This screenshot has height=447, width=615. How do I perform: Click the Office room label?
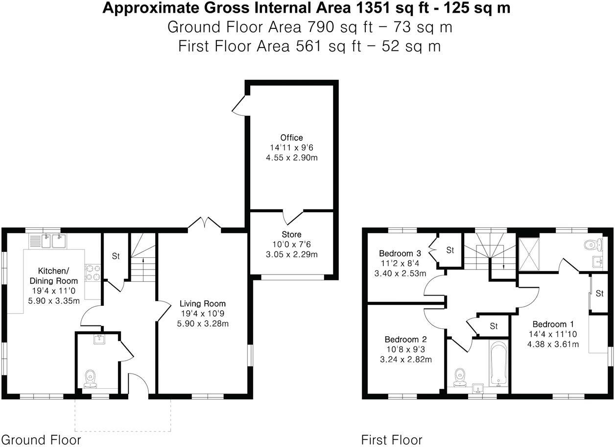291,138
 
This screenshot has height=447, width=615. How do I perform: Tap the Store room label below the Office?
291,235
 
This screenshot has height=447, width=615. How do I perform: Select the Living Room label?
202,303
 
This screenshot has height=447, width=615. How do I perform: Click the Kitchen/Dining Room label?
54,276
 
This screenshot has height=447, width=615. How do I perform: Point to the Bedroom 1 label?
553,324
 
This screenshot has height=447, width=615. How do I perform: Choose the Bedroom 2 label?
405,339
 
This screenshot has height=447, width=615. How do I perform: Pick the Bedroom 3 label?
400,253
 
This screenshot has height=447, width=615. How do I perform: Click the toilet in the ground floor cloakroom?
90,379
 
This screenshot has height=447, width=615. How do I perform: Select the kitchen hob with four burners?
93,273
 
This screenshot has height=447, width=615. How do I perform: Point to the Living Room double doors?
205,223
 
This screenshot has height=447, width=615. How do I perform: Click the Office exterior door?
239,105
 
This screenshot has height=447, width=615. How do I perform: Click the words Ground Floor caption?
41,439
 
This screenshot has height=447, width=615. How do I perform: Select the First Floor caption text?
392,439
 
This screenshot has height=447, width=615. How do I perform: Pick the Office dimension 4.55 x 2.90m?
291,158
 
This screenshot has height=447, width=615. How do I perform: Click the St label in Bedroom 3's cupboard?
450,250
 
